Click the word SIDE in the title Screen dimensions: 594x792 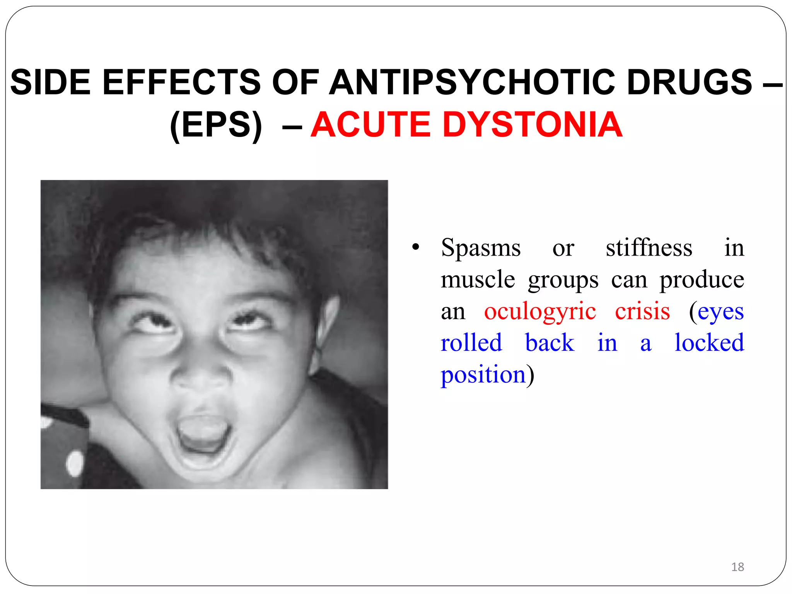click(x=50, y=82)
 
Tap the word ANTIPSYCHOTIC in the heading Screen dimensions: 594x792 click(x=471, y=82)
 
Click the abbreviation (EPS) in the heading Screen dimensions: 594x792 click(x=216, y=125)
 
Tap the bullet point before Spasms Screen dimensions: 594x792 click(x=415, y=247)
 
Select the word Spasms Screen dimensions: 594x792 click(x=481, y=248)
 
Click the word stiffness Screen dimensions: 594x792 click(x=649, y=248)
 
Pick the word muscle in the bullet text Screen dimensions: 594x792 click(x=478, y=280)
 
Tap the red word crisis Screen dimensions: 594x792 click(x=642, y=311)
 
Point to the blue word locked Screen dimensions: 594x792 click(x=709, y=343)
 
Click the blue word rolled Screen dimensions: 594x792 click(x=471, y=343)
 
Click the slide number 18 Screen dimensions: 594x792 click(x=737, y=567)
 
